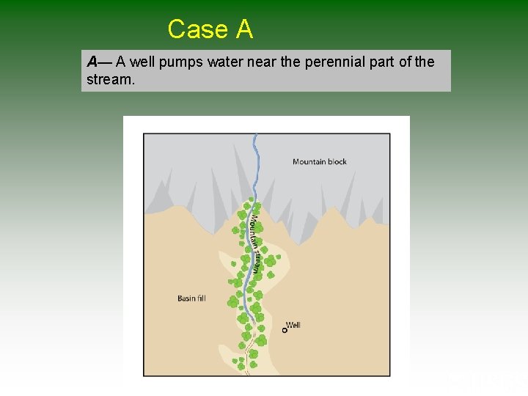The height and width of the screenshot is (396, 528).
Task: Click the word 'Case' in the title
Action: pyautogui.click(x=198, y=29)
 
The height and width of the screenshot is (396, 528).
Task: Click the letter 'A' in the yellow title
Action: pyautogui.click(x=244, y=29)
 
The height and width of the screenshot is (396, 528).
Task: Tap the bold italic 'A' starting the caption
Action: pyautogui.click(x=92, y=62)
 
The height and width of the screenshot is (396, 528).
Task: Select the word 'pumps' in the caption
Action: pyautogui.click(x=182, y=62)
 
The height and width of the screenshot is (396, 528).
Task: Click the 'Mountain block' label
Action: pyautogui.click(x=320, y=161)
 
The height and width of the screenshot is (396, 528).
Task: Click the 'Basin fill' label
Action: pyautogui.click(x=191, y=298)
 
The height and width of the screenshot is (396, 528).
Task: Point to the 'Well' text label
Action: pyautogui.click(x=293, y=325)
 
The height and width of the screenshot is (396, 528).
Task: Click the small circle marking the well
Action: pyautogui.click(x=285, y=331)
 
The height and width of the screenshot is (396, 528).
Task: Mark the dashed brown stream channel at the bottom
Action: pyautogui.click(x=248, y=359)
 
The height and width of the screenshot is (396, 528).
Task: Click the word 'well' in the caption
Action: pyautogui.click(x=143, y=62)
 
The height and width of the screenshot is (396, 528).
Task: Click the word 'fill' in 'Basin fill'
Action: pyautogui.click(x=200, y=298)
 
